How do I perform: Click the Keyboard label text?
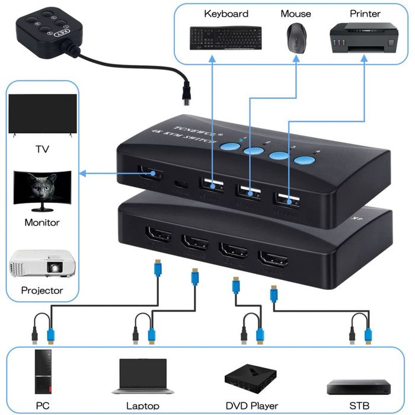[226, 14]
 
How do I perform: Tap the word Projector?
[41, 290]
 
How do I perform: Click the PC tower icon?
[43, 372]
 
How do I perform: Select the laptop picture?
[142, 376]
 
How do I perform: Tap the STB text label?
[359, 406]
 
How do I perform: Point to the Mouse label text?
[295, 14]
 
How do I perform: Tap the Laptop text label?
[142, 406]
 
